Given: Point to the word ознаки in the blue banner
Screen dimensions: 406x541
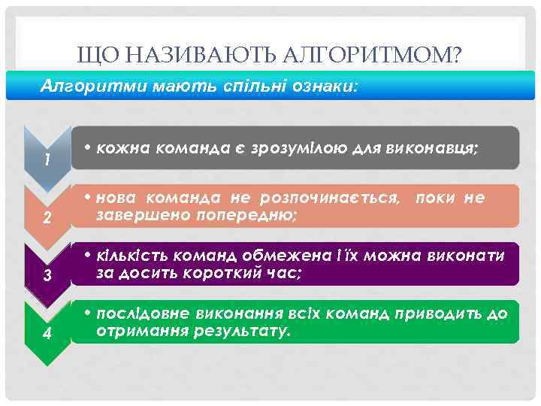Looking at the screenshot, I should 334,86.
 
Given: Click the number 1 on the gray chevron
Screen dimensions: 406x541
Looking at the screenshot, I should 47,160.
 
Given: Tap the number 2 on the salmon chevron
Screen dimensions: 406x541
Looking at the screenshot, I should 47,219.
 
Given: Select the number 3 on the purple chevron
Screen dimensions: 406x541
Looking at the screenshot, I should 47,276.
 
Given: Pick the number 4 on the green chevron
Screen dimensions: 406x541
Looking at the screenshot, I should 47,334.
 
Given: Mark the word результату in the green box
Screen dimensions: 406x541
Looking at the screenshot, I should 239,331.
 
